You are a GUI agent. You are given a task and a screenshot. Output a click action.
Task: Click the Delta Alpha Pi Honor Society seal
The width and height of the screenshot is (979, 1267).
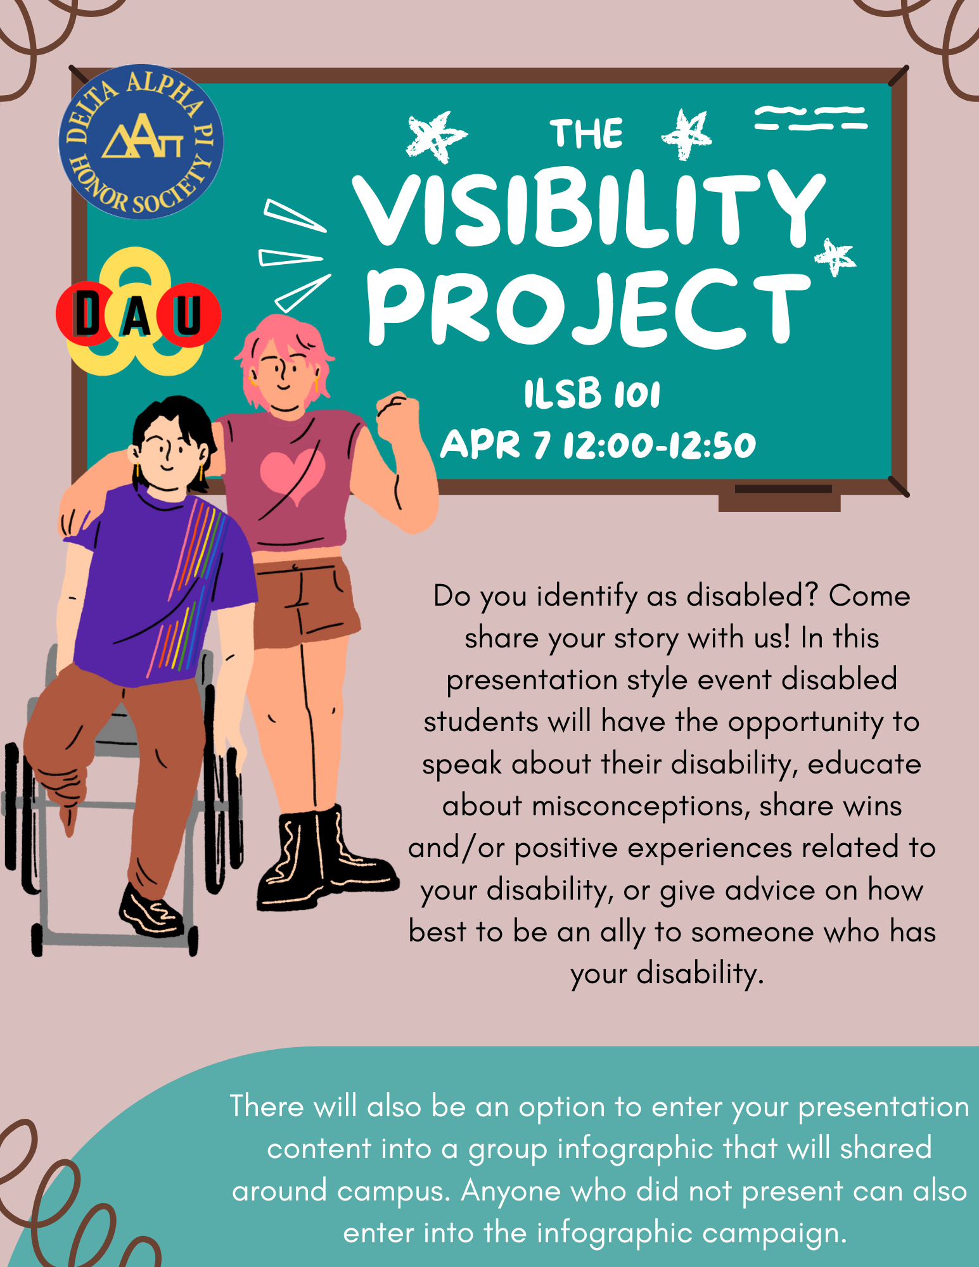pos(141,141)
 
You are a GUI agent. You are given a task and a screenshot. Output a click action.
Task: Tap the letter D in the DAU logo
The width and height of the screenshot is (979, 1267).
pos(87,313)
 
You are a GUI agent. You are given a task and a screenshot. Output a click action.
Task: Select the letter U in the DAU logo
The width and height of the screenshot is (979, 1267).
pos(188,314)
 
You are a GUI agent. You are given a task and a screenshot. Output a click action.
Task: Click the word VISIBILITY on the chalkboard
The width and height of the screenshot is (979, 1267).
pos(588,210)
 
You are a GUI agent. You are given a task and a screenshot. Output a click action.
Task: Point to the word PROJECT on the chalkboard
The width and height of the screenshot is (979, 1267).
pos(588,309)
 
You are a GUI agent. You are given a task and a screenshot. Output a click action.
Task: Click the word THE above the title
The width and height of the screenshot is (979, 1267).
pos(586,134)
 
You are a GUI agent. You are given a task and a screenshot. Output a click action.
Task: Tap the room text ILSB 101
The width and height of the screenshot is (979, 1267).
pos(592,393)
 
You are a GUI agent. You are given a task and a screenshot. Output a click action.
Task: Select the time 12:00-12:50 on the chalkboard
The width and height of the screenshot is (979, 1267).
pos(660,445)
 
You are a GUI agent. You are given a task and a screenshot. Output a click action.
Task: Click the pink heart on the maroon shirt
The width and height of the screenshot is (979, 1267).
pos(292,476)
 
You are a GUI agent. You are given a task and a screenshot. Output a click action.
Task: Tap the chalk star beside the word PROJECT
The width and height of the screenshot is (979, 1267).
pos(835,257)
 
